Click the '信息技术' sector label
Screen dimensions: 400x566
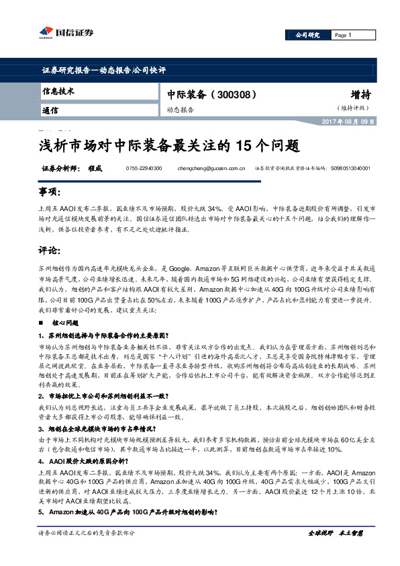[58, 91]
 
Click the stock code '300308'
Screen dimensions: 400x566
[235, 94]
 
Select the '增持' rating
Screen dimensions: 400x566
[362, 94]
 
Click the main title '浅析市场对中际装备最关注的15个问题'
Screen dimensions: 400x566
[166, 145]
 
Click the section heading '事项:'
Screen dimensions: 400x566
[50, 193]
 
